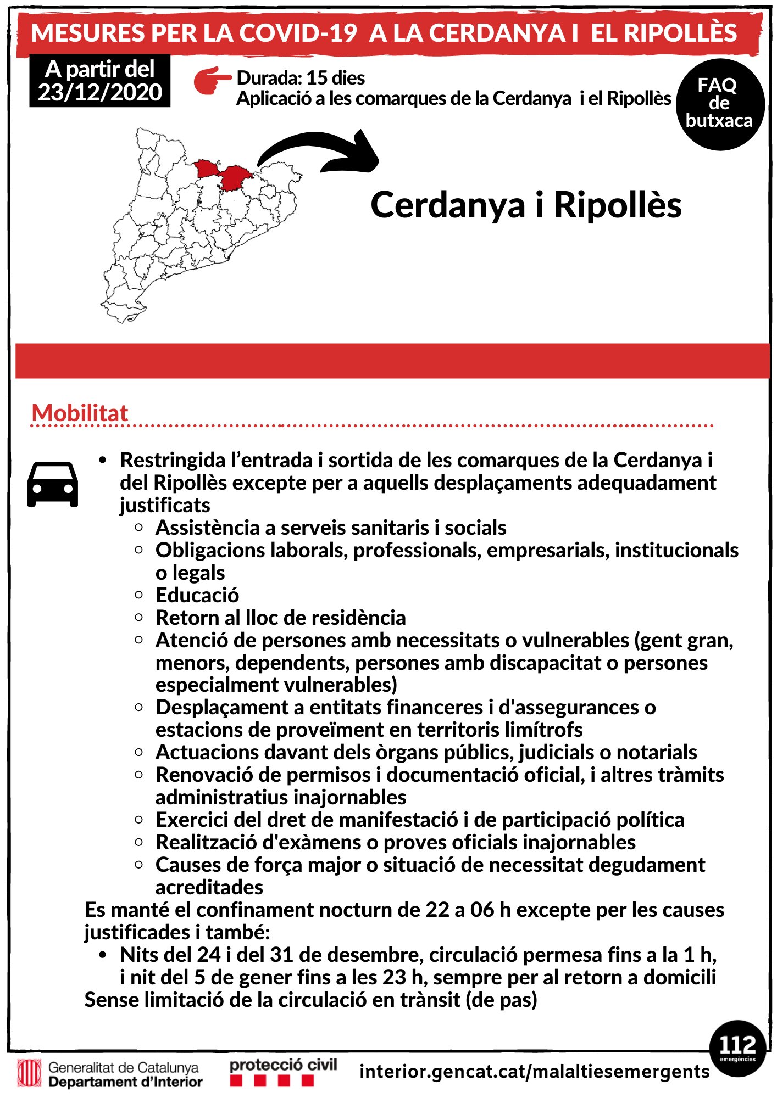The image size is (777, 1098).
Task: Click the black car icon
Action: (53, 484)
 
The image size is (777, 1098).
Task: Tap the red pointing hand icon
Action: (212, 80)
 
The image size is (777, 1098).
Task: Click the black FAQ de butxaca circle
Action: (720, 104)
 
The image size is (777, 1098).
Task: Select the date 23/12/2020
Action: (100, 92)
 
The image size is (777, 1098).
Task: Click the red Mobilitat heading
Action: (80, 413)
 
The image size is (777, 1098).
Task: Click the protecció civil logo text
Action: (283, 1065)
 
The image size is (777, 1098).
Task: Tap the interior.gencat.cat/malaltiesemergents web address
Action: (534, 1071)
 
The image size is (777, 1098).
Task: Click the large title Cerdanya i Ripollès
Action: (526, 205)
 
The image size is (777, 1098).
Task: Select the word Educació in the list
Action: (197, 595)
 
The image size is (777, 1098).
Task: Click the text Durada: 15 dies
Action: (301, 78)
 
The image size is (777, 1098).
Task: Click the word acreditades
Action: (209, 887)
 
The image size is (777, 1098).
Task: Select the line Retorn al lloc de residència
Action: (281, 618)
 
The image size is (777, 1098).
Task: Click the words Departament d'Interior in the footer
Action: (125, 1082)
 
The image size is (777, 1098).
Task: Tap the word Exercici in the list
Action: (191, 820)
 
